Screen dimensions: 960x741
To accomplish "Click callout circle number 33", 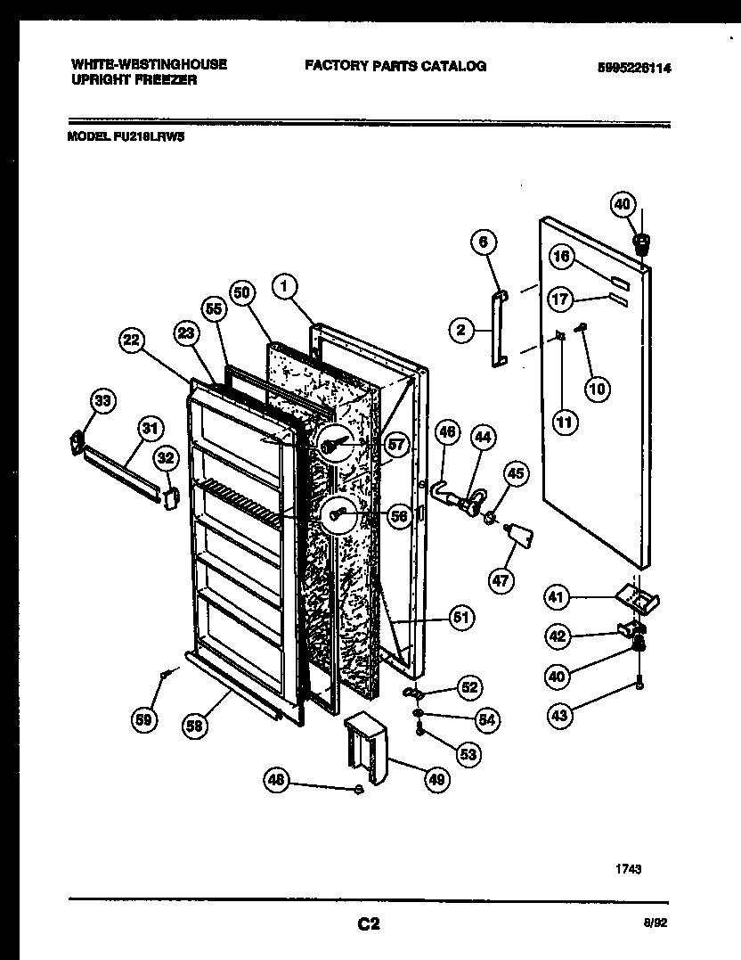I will [x=103, y=402].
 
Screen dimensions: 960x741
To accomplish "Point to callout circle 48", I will [x=278, y=782].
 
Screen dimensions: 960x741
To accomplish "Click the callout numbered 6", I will [x=482, y=242].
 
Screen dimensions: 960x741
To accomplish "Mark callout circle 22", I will [x=131, y=340].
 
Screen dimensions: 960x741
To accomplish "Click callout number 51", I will [x=462, y=617].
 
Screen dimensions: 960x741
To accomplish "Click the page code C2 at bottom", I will [x=370, y=924].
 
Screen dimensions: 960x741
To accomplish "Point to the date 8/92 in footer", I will [x=656, y=924].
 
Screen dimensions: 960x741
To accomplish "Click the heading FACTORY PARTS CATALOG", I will [x=395, y=66].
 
